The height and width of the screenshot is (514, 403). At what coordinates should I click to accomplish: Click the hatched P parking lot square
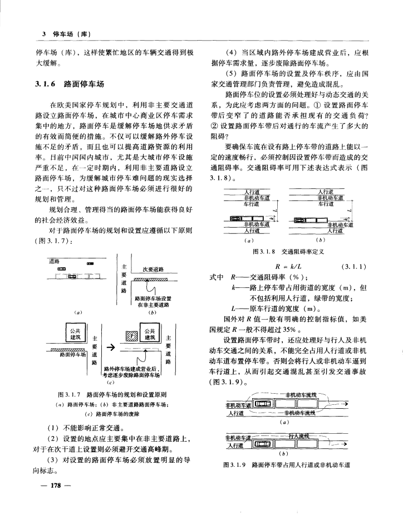132,335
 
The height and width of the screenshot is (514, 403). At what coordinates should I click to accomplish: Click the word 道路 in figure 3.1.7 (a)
54,261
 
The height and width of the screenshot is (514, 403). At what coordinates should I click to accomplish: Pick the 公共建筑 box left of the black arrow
71,335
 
